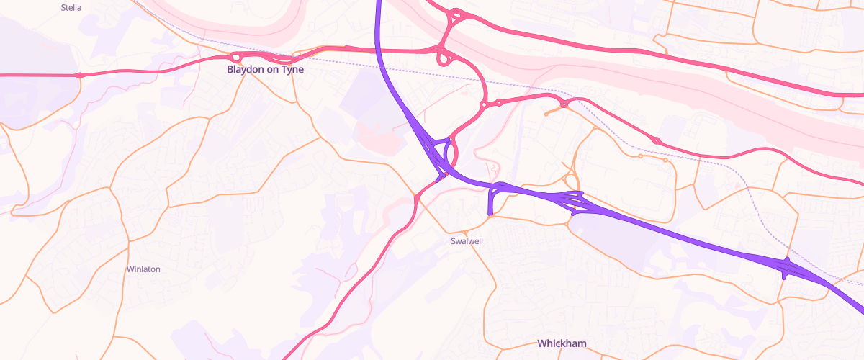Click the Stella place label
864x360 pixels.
point(71,8)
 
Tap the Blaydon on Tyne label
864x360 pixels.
point(265,70)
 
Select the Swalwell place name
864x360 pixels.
point(467,240)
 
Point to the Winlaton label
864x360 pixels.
point(143,269)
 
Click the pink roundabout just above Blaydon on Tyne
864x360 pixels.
point(235,58)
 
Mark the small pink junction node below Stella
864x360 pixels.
point(79,75)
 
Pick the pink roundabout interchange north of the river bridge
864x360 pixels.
point(456,15)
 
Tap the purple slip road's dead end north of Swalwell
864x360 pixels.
point(490,212)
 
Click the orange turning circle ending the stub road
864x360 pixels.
point(546,114)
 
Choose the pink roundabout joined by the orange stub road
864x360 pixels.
point(564,105)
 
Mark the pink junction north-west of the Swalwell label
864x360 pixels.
point(417,197)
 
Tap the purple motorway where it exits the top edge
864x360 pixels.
point(377,3)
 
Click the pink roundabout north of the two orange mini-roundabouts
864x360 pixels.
point(656,140)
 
